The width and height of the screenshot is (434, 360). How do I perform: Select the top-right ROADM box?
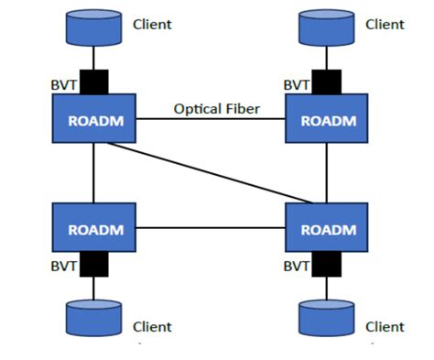tap(327, 119)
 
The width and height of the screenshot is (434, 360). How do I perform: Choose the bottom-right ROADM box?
tap(327, 227)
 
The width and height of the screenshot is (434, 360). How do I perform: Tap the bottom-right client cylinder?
tap(327, 318)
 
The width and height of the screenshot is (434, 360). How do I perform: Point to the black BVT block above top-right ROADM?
tap(327, 82)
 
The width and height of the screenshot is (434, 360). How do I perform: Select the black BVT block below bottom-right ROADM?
tap(327, 265)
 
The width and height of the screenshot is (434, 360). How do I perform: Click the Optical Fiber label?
tap(217, 109)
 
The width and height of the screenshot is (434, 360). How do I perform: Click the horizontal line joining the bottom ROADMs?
tap(210, 227)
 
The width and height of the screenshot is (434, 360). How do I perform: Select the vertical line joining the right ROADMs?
tap(327, 173)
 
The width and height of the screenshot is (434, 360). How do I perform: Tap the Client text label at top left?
tap(152, 25)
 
